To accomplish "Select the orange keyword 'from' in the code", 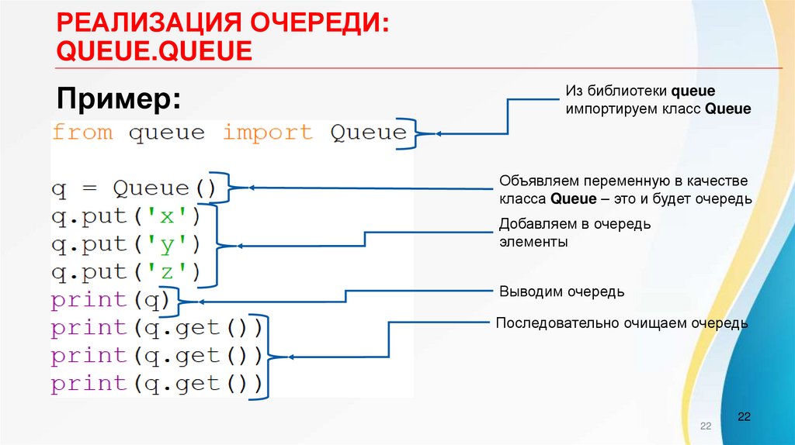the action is pos(82,133).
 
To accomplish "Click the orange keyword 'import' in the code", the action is pos(267,133).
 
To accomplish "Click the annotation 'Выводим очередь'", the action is pos(561,291).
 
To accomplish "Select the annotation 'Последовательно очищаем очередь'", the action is pos(622,323).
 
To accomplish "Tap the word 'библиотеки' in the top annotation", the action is pos(629,92).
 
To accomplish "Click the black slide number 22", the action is pos(744,417).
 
